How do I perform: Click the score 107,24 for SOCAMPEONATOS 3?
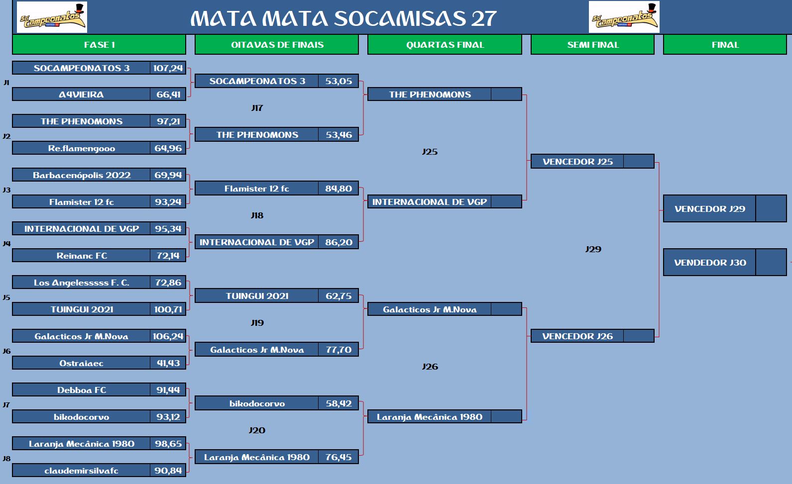168,68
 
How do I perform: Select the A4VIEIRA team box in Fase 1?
81,95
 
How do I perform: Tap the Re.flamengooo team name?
81,148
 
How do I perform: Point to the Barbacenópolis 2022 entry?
81,175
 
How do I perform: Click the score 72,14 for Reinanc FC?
168,255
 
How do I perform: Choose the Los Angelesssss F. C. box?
81,282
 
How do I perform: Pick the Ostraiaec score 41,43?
168,363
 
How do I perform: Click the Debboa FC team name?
81,389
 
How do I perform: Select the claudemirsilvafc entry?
81,470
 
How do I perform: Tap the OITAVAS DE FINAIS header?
277,44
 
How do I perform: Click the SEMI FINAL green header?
592,44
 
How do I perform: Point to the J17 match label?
257,108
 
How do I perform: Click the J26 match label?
430,366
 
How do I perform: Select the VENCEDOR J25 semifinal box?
592,162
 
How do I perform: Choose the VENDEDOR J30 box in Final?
725,262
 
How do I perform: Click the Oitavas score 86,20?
339,242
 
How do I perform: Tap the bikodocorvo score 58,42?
339,403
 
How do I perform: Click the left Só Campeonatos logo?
52,17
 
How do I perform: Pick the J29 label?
593,249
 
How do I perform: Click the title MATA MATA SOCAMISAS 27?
343,18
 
